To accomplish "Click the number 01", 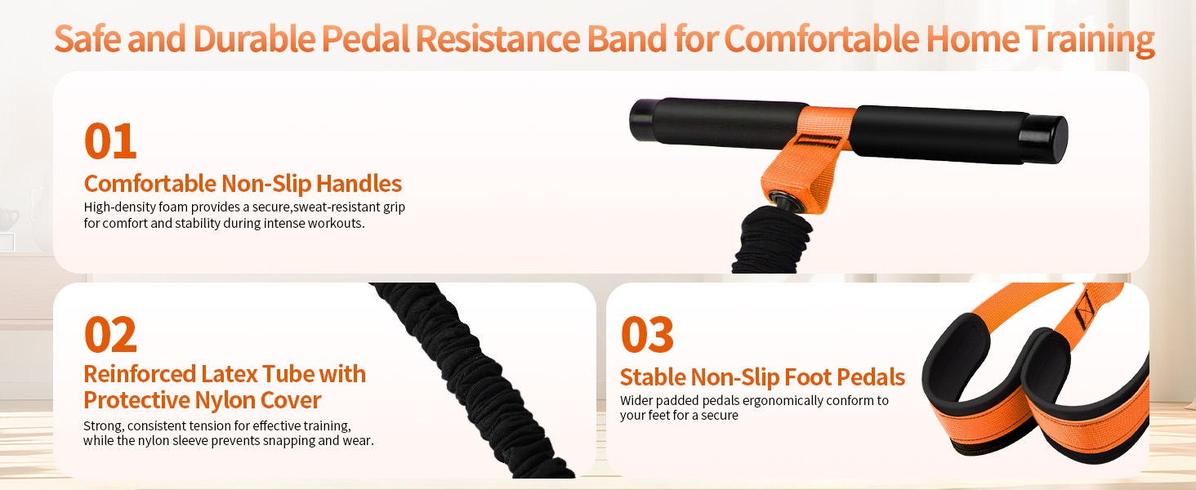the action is click(110, 141).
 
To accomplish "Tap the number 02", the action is click(110, 335).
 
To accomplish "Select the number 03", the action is click(647, 335).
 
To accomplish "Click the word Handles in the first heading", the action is click(359, 184).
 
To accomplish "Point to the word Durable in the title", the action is click(254, 38).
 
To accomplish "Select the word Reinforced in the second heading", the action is click(140, 374).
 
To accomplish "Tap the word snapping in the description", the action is click(281, 441).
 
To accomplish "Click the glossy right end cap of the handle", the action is click(1044, 139).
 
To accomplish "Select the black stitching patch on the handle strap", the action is click(816, 141).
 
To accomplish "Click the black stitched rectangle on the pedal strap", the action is click(1085, 310).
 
